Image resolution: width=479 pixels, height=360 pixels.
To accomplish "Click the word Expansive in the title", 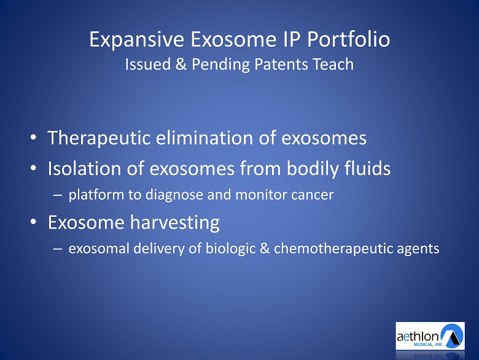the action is (136, 40).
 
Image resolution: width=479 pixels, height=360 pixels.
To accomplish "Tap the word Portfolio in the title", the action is (349, 39).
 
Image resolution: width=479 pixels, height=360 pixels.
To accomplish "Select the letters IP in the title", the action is (292, 39).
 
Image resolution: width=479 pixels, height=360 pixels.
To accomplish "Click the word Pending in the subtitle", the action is (220, 65).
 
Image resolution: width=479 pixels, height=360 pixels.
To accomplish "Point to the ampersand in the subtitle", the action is (181, 64).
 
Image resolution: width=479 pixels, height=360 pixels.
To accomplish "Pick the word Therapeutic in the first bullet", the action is (99, 138).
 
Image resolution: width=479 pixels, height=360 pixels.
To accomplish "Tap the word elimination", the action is (204, 138).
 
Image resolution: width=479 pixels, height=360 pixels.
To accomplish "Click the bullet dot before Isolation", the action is (33, 168).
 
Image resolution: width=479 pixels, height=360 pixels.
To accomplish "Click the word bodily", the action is (313, 169).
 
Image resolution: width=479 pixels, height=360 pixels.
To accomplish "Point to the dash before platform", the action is (58, 195).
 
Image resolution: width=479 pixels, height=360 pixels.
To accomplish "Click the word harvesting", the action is (175, 222).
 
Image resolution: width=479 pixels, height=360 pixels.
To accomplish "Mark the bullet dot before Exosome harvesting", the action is (33, 222).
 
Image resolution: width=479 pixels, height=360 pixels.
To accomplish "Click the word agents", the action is (418, 249).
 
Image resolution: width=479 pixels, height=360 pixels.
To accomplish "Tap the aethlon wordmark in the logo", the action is (418, 337).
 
